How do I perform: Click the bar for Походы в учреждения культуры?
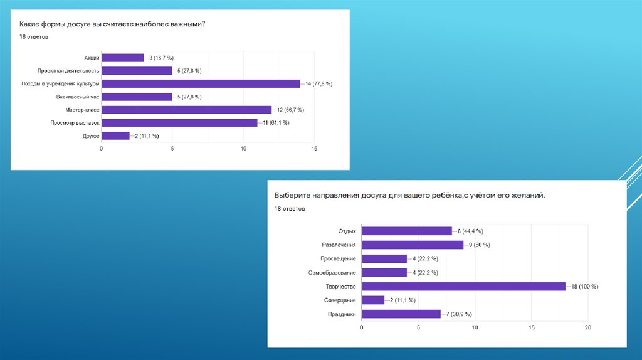tap(201, 83)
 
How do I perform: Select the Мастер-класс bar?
tap(186, 110)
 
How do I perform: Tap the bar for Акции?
tap(122, 58)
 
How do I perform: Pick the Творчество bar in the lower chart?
tap(464, 286)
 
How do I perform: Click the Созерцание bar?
tap(373, 300)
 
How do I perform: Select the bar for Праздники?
tap(401, 314)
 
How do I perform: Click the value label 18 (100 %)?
tap(585, 287)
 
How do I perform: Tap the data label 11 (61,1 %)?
tap(273, 123)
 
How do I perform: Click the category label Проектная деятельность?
tap(68, 71)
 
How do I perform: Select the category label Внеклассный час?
tap(78, 97)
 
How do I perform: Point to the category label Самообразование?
tap(332, 273)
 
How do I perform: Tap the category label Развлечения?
tap(339, 245)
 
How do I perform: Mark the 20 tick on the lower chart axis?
tap(588, 327)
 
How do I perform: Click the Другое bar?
tap(115, 136)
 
